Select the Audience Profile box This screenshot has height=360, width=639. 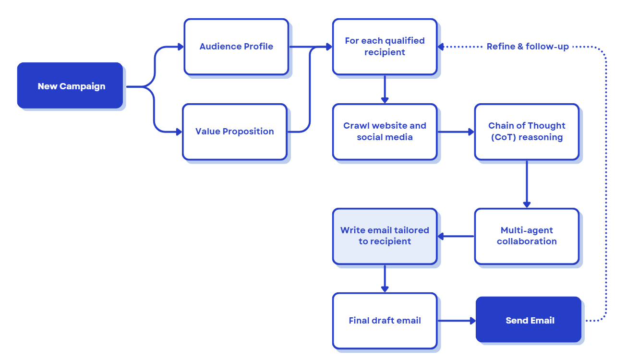point(236,47)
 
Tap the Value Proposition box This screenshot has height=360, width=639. point(234,132)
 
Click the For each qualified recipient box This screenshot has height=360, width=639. point(385,47)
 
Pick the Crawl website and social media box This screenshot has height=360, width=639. point(385,132)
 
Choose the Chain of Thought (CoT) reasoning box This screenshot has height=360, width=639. point(527,132)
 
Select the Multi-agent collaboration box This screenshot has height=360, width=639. point(527,236)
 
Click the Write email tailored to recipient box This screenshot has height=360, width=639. point(385,236)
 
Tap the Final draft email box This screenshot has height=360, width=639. point(385,321)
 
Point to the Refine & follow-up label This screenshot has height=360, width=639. point(528,47)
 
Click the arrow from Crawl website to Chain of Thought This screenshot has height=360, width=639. point(456,132)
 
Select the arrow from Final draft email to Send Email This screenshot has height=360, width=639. point(456,321)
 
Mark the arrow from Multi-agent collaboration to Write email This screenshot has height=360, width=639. point(456,236)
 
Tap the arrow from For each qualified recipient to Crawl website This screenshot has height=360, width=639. point(385,89)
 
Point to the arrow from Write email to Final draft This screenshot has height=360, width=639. point(385,278)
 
